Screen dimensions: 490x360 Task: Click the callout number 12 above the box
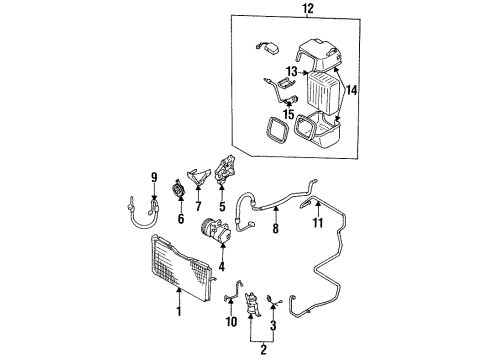point(308,8)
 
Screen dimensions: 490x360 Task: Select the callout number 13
point(291,71)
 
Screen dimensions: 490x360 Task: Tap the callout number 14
point(352,90)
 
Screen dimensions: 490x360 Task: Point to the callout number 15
point(289,114)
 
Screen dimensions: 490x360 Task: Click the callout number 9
point(154,178)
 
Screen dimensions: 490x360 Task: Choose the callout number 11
point(318,223)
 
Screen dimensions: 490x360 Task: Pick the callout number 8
point(275,228)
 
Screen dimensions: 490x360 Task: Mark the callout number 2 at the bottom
point(263,350)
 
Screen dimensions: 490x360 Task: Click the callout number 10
point(231,322)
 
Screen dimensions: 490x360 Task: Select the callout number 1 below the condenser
point(179,311)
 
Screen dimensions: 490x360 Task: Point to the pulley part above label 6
point(180,189)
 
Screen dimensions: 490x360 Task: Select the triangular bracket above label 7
point(199,176)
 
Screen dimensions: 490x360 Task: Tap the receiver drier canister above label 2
point(253,303)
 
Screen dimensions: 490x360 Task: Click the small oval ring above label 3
point(269,299)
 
